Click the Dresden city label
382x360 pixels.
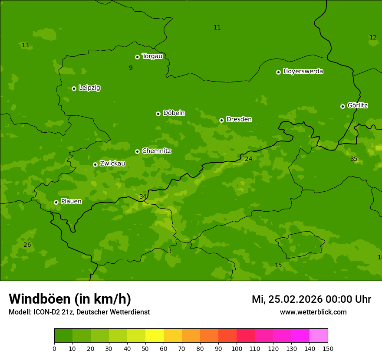pos(239,119)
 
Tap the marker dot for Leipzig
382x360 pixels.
pos(74,88)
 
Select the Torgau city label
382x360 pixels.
pos(152,56)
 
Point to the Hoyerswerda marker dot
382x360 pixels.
pos(278,72)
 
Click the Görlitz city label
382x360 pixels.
pos(357,105)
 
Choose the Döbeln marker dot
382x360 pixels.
pos(158,114)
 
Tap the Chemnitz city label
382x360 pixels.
pos(156,151)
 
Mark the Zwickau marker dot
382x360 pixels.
pos(95,164)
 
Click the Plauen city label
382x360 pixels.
pos(71,201)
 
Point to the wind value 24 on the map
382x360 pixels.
pos(248,159)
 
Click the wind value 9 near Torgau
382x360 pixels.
pos(131,68)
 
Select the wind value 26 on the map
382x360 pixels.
pos(27,245)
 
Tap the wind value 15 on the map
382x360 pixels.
pos(278,265)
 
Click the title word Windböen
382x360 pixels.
pos(40,299)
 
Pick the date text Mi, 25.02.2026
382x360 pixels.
pos(287,299)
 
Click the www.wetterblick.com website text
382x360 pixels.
pos(313,312)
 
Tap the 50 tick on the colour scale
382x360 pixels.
pos(145,348)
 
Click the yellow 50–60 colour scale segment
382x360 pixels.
pos(155,336)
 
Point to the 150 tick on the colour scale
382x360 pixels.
pos(328,348)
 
